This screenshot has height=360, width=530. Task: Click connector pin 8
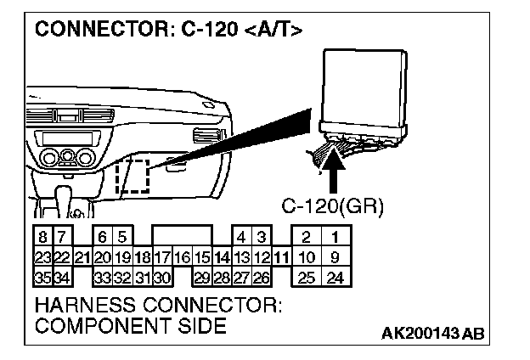coord(42,238)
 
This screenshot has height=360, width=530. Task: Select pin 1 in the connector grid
coord(335,238)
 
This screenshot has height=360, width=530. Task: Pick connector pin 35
coord(42,277)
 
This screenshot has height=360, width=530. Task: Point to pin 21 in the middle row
coord(82,257)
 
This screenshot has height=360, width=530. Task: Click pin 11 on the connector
coord(281,257)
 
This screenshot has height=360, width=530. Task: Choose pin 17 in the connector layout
coord(162,257)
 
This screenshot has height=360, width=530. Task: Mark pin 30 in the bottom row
coord(162,277)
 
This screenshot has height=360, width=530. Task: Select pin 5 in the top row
coord(122,238)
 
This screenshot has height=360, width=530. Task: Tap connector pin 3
coord(262,238)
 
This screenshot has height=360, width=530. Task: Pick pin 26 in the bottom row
coord(262,277)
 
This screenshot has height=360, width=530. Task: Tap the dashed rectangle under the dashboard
coord(132,176)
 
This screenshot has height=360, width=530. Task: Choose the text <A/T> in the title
coord(273,31)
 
